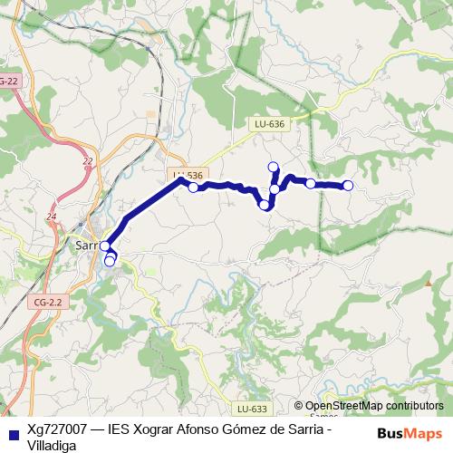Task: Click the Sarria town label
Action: pos(87,245)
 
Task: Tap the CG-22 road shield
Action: pos(9,82)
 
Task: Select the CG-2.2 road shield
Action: pos(43,302)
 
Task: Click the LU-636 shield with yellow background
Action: pos(269,124)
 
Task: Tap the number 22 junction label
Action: pos(88,161)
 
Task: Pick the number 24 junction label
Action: pos(51,217)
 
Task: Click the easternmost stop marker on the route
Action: pos(347,187)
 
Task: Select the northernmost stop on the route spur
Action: pos(274,166)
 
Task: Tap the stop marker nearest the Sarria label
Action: pos(104,246)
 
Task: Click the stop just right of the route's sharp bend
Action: pos(193,188)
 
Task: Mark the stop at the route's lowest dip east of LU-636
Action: pos(265,206)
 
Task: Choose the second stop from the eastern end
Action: pos(311,184)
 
